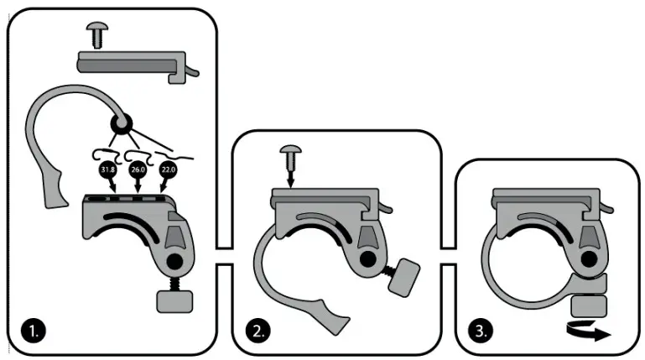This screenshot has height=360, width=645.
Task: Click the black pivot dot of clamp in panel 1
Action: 174,263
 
